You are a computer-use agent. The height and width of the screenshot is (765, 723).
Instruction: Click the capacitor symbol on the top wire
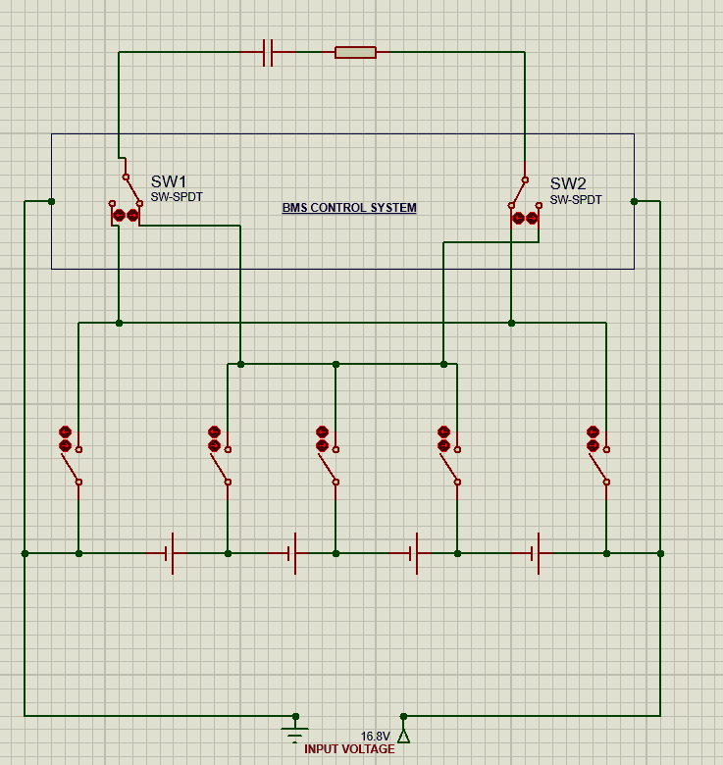tap(268, 52)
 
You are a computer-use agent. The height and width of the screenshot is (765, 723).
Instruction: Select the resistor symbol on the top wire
tap(355, 52)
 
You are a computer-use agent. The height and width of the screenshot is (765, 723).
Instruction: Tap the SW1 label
tap(169, 181)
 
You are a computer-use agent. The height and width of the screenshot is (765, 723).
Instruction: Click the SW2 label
tap(568, 183)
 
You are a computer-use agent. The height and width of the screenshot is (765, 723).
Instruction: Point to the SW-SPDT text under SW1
tap(177, 197)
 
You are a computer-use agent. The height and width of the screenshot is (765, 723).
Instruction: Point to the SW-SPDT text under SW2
tap(576, 199)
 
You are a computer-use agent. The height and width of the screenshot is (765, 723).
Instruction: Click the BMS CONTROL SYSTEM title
tap(349, 208)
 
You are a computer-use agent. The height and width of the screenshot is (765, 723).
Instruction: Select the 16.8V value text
tap(375, 737)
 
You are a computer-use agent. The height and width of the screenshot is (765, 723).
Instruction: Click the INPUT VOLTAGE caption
tap(349, 749)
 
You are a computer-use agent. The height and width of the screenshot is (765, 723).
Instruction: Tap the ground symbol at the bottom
tap(294, 731)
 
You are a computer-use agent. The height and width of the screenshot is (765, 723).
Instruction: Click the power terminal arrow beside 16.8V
tap(403, 735)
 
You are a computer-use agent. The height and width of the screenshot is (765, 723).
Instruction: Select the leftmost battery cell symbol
tap(170, 554)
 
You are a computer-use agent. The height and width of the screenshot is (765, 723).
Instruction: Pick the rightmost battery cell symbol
tap(536, 554)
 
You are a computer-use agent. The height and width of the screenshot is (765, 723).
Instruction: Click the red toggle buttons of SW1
tap(126, 215)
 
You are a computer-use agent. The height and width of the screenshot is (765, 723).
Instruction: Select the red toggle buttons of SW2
tap(525, 218)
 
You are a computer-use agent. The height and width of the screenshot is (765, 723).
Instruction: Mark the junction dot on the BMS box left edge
tap(52, 201)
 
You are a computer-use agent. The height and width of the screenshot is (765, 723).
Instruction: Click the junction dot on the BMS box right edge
tap(634, 201)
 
